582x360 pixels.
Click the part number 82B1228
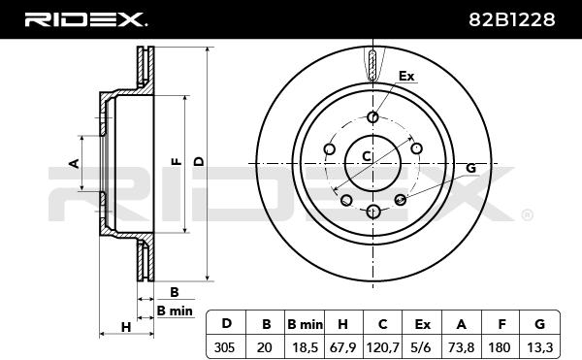coord(512,19)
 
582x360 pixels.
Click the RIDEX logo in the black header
coord(85,19)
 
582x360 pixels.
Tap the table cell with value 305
coord(225,347)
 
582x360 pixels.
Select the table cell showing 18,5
coord(306,347)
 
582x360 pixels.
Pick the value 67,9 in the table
coord(342,347)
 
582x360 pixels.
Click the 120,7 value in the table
coord(383,347)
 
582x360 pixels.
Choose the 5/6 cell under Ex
coord(422,347)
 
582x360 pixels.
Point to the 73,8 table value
coord(462,347)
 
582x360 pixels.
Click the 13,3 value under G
coord(540,347)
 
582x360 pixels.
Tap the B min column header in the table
coord(306,325)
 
